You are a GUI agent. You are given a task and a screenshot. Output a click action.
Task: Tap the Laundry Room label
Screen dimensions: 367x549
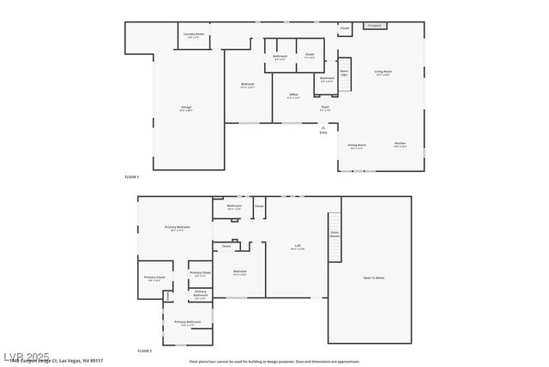pyautogui.click(x=195, y=35)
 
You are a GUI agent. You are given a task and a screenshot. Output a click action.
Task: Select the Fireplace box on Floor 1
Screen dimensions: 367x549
pyautogui.click(x=374, y=26)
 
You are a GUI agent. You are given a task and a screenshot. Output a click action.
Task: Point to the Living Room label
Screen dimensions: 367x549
pyautogui.click(x=383, y=72)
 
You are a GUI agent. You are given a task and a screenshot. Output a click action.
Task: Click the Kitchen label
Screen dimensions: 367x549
pyautogui.click(x=400, y=144)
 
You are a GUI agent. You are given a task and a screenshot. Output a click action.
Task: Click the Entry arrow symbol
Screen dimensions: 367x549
pyautogui.click(x=323, y=127)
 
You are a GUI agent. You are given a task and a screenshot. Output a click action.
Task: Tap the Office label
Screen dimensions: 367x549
pyautogui.click(x=293, y=96)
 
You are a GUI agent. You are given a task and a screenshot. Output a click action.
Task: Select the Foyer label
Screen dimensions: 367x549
pyautogui.click(x=325, y=108)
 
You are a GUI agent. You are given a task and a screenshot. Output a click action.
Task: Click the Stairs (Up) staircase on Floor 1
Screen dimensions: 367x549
pyautogui.click(x=345, y=73)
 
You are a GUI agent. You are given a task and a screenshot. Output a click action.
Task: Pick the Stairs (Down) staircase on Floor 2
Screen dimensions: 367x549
pyautogui.click(x=335, y=234)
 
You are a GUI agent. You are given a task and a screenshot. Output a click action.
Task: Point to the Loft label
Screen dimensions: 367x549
pyautogui.click(x=297, y=247)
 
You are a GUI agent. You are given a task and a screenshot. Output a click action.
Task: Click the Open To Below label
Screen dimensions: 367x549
pyautogui.click(x=373, y=278)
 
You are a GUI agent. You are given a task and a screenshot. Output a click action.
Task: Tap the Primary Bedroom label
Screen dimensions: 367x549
pyautogui.click(x=178, y=228)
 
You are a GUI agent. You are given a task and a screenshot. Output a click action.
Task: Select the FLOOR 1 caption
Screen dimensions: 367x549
pyautogui.click(x=131, y=176)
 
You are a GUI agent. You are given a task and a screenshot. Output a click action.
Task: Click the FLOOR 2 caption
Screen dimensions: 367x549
pyautogui.click(x=145, y=351)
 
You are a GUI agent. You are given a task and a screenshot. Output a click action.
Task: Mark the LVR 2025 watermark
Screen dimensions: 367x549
pyautogui.click(x=26, y=355)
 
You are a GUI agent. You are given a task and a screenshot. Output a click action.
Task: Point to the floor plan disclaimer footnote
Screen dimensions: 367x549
pyautogui.click(x=274, y=362)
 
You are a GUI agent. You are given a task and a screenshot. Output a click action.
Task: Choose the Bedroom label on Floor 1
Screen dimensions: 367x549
pyautogui.click(x=248, y=84)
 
